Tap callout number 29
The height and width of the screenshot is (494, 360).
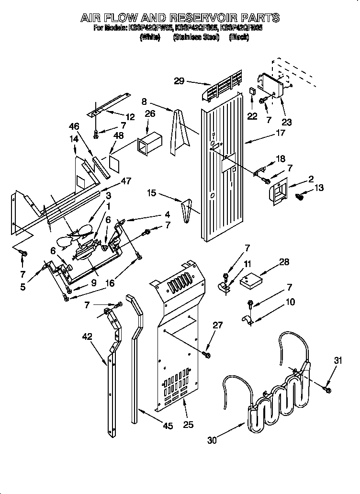pyautogui.click(x=179, y=81)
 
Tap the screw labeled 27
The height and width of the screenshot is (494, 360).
pyautogui.click(x=207, y=354)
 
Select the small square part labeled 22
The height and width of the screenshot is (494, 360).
pyautogui.click(x=252, y=91)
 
